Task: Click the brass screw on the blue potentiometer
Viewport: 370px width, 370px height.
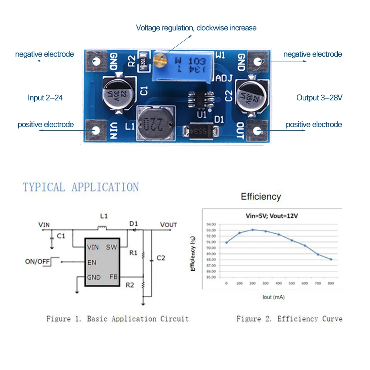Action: (159, 58)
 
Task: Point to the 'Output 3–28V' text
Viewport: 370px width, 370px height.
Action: (319, 98)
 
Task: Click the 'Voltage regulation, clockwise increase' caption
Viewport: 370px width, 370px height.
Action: (196, 28)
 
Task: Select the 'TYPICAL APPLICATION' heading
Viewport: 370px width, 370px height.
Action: (81, 187)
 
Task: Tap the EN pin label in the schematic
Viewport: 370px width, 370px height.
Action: (92, 262)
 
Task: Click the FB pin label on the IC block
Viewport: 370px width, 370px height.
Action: (113, 277)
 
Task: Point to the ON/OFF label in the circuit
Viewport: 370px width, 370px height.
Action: (37, 262)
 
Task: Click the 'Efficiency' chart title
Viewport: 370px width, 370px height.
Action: (261, 196)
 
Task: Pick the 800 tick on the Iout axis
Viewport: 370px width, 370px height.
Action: (331, 283)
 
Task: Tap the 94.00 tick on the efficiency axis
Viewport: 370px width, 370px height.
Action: (211, 224)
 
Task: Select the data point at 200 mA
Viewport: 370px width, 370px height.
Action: (253, 230)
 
